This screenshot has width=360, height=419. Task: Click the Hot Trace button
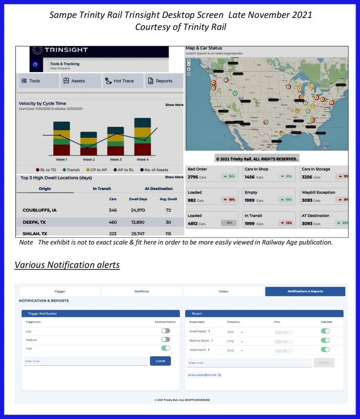point(123,81)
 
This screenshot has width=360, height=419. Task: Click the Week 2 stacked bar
point(88,143)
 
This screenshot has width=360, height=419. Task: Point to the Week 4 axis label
point(142,160)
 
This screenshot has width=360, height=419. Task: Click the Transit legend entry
point(72,170)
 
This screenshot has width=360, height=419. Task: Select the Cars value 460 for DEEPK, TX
point(112,223)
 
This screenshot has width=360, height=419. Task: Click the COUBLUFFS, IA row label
point(40,210)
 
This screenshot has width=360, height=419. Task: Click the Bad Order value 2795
point(192,177)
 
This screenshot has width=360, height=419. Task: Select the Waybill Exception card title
point(318,192)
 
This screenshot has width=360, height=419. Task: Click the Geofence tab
point(142,291)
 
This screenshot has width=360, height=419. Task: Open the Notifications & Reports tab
point(305,291)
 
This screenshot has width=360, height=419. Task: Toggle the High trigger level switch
point(166,348)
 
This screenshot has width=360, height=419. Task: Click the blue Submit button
point(160,361)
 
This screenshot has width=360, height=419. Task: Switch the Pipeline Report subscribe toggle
point(325,340)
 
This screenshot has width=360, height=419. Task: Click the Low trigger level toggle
point(166,331)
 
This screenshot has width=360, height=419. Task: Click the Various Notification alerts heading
point(67,265)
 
